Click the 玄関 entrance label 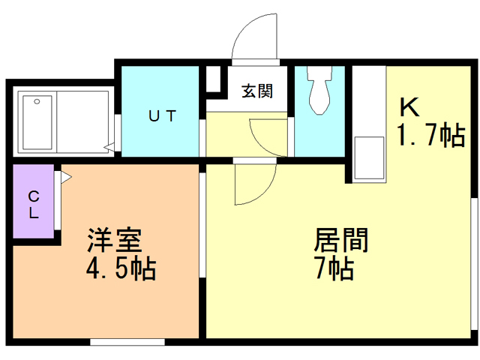[256, 91]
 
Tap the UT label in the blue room [161, 116]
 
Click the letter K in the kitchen [409, 105]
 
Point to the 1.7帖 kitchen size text [430, 136]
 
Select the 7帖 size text [334, 268]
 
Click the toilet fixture [319, 90]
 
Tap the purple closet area [34, 202]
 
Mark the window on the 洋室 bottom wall [127, 342]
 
